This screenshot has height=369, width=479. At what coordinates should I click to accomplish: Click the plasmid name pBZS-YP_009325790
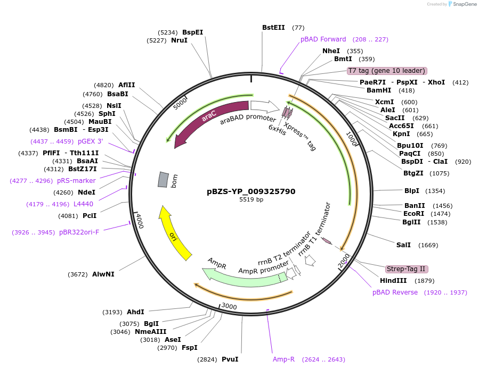pos(251,191)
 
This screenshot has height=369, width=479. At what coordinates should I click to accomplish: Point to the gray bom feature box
pos(163,180)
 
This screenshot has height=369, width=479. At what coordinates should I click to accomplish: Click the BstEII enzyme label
pos(274,28)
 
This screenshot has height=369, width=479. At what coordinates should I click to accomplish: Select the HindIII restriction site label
pos(393,281)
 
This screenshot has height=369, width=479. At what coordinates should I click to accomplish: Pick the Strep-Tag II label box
pos(407,269)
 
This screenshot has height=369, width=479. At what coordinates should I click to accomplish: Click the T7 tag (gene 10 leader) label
pos(387,71)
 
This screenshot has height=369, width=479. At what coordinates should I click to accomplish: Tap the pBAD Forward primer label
pos(323,39)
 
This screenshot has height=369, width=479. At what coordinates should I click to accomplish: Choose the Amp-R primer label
pos(283,359)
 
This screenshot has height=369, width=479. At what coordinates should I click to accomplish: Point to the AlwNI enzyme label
pos(103,274)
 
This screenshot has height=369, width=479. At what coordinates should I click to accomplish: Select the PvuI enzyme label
pos(230,359)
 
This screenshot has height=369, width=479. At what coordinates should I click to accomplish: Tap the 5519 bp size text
pos(251,200)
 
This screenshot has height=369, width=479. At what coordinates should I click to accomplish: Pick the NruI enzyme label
pos(179,40)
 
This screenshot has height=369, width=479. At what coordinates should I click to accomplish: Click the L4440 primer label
pos(83,204)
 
